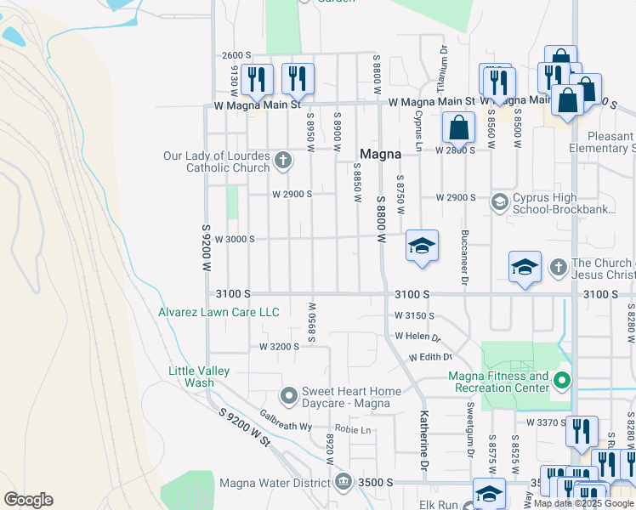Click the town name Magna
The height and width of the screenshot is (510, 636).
pyautogui.click(x=380, y=154)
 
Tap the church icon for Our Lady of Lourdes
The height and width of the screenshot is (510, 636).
pyautogui.click(x=283, y=161)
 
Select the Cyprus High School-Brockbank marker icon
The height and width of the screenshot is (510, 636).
pyautogui.click(x=500, y=202)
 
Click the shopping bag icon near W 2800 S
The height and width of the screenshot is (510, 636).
pyautogui.click(x=458, y=128)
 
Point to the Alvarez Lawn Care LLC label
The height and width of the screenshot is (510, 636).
pyautogui.click(x=219, y=312)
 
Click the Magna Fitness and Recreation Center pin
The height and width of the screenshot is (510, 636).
pyautogui.click(x=561, y=380)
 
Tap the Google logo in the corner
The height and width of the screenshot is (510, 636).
pyautogui.click(x=28, y=499)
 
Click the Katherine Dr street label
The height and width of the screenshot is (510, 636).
pyautogui.click(x=423, y=440)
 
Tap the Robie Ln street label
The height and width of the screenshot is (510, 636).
pyautogui.click(x=354, y=429)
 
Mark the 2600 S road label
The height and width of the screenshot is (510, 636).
pyautogui.click(x=236, y=54)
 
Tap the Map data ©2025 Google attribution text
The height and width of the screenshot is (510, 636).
pyautogui.click(x=583, y=503)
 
